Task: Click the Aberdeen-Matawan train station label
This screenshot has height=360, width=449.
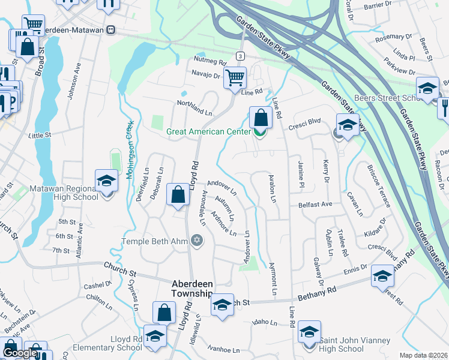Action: click(x=73, y=29)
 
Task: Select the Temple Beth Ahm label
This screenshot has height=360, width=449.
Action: click(x=154, y=241)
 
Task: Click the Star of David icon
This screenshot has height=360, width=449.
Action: click(x=196, y=241)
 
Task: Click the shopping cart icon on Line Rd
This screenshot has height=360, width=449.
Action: click(x=234, y=76)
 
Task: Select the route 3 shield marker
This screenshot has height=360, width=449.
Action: click(x=240, y=56)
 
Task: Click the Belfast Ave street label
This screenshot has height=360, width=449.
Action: click(x=315, y=205)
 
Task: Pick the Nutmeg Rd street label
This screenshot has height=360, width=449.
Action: click(x=209, y=62)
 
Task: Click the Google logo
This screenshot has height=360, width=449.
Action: click(x=20, y=353)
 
